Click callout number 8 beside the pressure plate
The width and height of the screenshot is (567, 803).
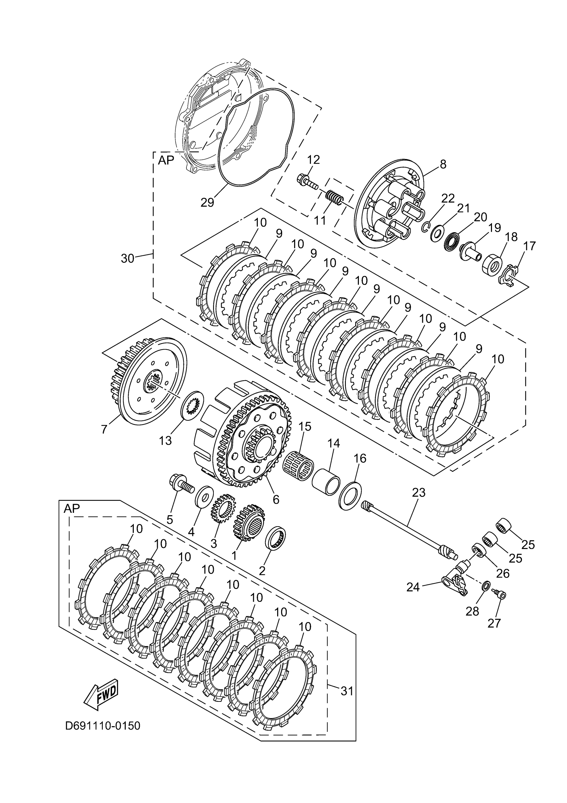pos(443,164)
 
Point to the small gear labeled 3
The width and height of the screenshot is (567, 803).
pos(222,511)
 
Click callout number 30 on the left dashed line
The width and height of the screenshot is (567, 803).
pos(127,258)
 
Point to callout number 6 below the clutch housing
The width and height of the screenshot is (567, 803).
pos(275,499)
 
